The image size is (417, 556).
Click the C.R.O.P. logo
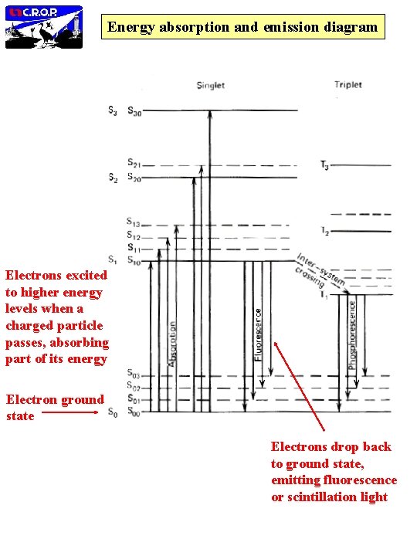coord(44,25)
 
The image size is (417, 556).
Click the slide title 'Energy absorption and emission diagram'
coord(243,28)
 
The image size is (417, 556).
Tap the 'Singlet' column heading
coord(210,85)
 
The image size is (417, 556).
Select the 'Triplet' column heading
coord(348,84)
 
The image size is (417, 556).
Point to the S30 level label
coord(134,110)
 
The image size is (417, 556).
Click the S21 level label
coord(134,164)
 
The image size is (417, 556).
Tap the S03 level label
coord(134,375)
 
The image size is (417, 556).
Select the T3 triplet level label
coord(324,164)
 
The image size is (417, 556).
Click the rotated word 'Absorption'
coord(172,344)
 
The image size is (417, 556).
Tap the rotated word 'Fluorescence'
coord(258,332)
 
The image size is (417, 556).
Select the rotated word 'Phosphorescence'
coord(354,333)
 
